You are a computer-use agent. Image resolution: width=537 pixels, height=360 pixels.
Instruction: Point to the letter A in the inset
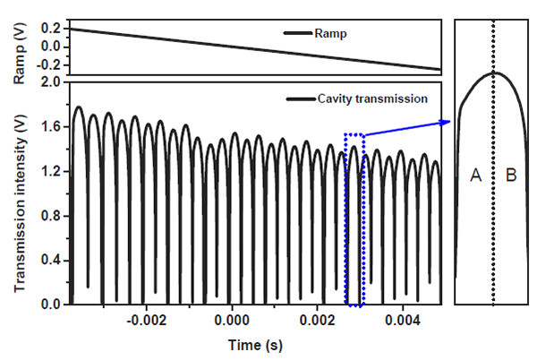(476, 176)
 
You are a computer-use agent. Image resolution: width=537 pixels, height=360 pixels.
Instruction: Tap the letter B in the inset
(511, 176)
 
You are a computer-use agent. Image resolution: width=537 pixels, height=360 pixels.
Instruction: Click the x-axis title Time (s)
(254, 344)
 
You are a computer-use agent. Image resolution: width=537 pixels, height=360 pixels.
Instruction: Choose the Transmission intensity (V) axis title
(20, 193)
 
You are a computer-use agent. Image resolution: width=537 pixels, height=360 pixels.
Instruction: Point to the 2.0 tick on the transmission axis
(50, 82)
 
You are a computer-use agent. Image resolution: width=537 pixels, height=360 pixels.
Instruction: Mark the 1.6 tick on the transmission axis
(50, 127)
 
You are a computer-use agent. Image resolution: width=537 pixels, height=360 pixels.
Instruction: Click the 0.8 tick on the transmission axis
(50, 216)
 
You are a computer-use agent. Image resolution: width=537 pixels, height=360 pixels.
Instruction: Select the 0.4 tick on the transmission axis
(50, 261)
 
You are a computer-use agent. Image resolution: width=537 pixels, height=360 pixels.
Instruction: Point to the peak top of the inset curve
(493, 73)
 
